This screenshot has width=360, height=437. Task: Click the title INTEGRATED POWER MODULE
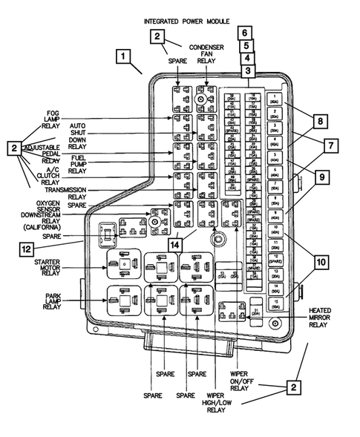pos(186,22)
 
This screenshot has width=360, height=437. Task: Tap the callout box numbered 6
pos(245,33)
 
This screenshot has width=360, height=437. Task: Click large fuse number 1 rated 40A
pos(275,99)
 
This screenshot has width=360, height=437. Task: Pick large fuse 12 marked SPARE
pos(275,259)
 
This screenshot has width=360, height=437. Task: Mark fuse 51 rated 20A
pos(256,312)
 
